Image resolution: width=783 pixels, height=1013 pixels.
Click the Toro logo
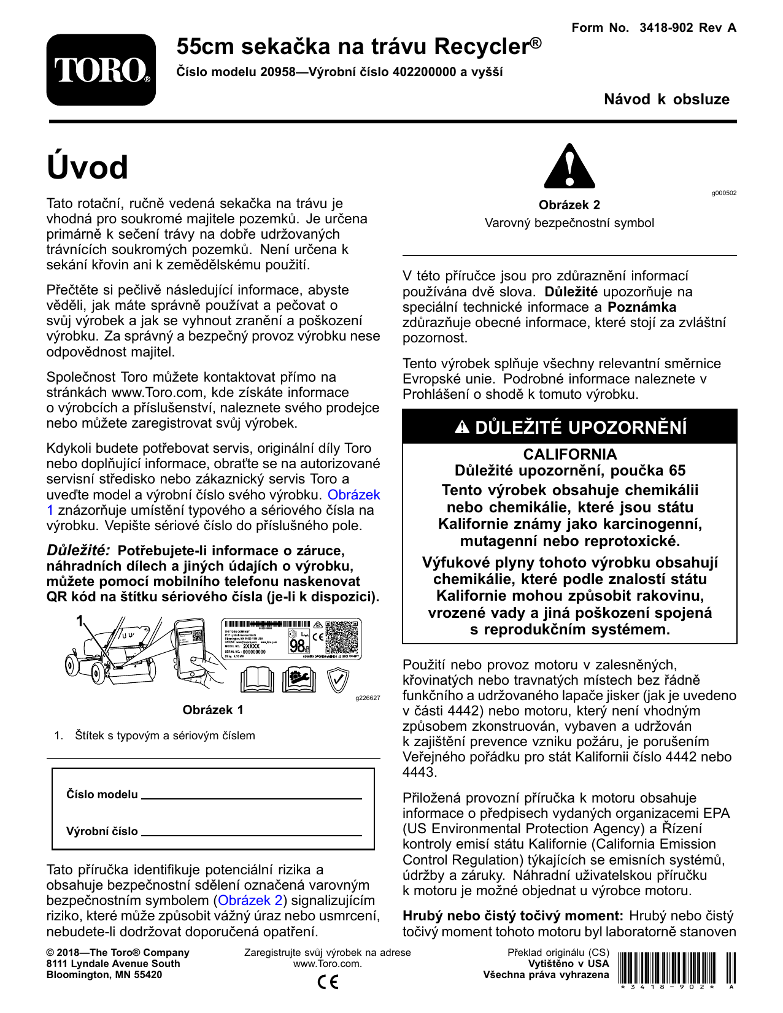101,70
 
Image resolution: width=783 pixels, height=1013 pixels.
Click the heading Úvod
88,168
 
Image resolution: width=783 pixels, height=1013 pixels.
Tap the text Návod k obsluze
666,99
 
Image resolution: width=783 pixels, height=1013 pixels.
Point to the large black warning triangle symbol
569,166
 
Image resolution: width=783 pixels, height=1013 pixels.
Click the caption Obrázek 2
569,205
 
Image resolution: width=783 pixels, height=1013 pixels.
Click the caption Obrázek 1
213,710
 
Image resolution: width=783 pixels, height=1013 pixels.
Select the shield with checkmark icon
338,680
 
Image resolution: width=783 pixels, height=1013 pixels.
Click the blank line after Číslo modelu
252,796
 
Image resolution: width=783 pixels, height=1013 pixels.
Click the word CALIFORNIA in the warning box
569,454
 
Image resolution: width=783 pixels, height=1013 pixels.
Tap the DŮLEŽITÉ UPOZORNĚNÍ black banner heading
569,427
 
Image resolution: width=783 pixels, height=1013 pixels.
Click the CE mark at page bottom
328,982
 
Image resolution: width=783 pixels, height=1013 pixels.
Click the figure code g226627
368,698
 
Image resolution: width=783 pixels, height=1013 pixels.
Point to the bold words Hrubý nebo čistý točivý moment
513,915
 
